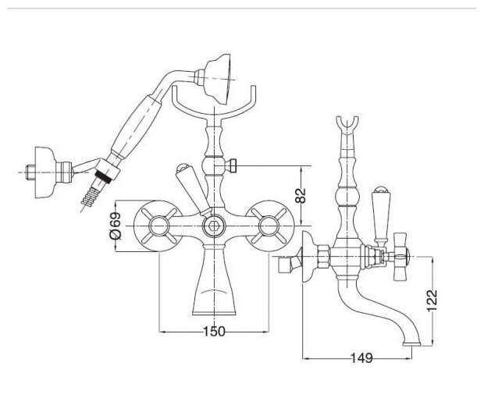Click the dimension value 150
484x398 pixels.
(x=215, y=332)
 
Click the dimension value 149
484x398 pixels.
(x=360, y=359)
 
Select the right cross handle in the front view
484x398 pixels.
(x=270, y=227)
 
